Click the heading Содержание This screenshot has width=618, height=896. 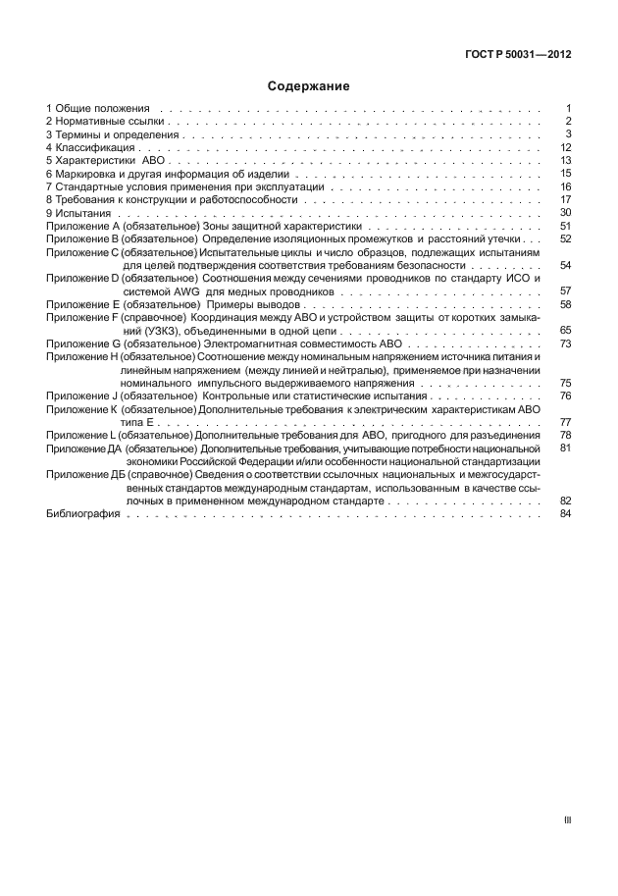(x=309, y=86)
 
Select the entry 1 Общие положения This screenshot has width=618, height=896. (x=98, y=107)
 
